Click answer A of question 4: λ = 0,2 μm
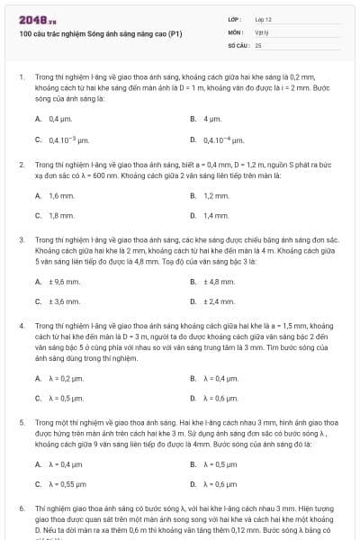[66, 378]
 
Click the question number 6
[21, 508]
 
